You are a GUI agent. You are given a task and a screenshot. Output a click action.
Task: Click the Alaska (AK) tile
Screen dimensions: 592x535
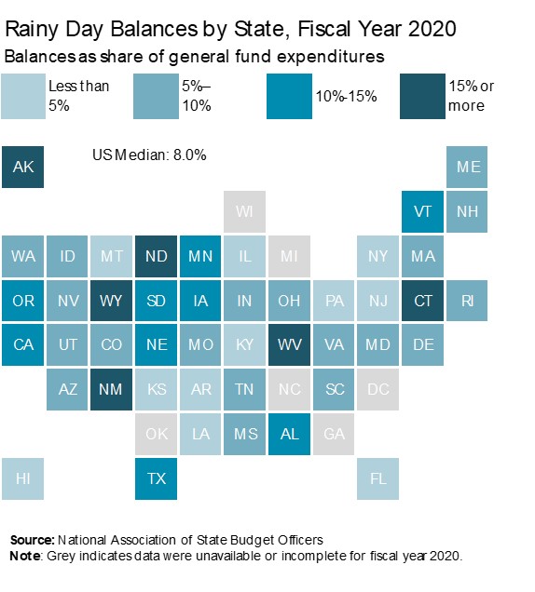click(22, 168)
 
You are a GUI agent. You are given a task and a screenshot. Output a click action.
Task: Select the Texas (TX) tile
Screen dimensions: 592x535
click(157, 479)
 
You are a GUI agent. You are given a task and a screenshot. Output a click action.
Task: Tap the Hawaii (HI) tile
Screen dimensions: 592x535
click(22, 479)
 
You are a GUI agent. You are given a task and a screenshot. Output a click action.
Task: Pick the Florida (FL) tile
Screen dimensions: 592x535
click(378, 479)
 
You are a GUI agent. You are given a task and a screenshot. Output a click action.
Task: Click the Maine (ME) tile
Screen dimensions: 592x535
click(468, 168)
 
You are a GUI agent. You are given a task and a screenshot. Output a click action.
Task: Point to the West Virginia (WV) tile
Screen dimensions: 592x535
click(290, 345)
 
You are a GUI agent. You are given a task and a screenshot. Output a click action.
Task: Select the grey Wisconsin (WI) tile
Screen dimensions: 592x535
click(245, 212)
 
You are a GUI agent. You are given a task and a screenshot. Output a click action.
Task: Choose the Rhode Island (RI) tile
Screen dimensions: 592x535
click(468, 301)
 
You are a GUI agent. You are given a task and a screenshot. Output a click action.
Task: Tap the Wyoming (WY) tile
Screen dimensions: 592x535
click(112, 301)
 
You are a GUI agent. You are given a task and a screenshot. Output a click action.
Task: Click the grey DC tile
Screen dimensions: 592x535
click(378, 390)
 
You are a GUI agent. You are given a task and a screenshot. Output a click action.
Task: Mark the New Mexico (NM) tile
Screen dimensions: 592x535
click(112, 390)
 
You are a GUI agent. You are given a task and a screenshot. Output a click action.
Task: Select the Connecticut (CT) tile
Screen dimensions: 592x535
click(423, 301)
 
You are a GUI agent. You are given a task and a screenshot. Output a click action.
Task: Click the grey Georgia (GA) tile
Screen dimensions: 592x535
click(335, 435)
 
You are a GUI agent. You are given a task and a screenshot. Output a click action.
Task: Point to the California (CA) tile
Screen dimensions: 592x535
click(22, 345)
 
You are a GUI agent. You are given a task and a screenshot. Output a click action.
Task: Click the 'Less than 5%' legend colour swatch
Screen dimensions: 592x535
click(23, 95)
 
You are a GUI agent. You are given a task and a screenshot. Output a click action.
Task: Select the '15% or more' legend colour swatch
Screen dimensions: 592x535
click(423, 95)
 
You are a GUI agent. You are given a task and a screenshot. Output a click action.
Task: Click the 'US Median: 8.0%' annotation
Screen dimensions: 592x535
click(149, 155)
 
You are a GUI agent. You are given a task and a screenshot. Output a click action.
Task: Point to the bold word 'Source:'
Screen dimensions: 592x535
click(32, 540)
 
